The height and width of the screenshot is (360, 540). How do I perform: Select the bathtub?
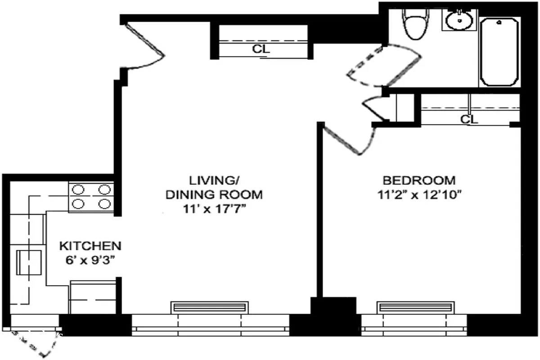(500, 52)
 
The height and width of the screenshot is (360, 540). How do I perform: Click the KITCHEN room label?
(90, 246)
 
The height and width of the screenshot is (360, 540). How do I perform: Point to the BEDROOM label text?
(418, 180)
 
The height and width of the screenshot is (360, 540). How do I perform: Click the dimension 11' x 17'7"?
(214, 209)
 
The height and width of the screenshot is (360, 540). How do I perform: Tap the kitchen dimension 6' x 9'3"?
(90, 260)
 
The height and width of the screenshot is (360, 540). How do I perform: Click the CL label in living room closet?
(261, 49)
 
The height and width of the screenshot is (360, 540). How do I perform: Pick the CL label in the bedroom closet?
(469, 119)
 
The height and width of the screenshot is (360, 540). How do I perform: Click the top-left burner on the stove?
(78, 189)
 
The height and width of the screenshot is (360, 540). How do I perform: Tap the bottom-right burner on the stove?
(104, 204)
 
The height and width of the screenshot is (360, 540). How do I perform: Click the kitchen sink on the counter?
(30, 262)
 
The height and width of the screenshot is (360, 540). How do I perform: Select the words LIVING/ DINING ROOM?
(214, 188)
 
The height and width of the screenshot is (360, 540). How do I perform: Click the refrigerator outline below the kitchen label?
(92, 297)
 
